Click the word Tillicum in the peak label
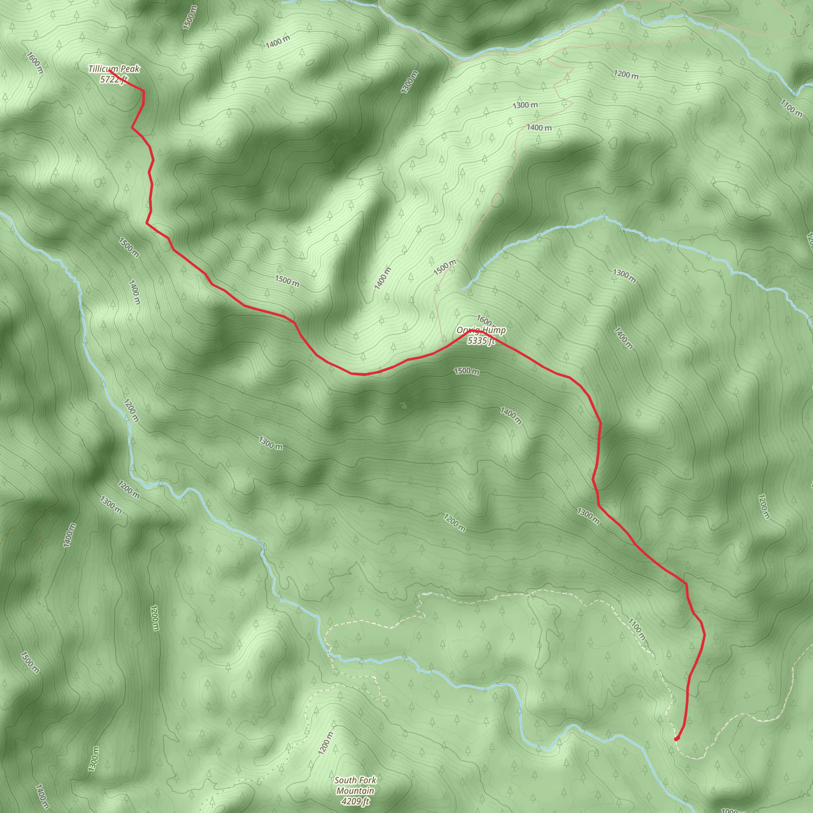(x=103, y=69)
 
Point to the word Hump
(x=494, y=331)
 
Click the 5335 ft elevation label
(x=481, y=341)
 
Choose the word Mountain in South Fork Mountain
(x=355, y=790)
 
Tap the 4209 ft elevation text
(x=355, y=801)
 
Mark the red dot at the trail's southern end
(x=676, y=738)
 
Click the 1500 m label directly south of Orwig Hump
(x=466, y=371)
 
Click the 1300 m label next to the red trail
(x=588, y=516)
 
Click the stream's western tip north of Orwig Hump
(x=462, y=289)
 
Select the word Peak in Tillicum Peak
(x=129, y=69)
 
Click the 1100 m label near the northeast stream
(x=791, y=108)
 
